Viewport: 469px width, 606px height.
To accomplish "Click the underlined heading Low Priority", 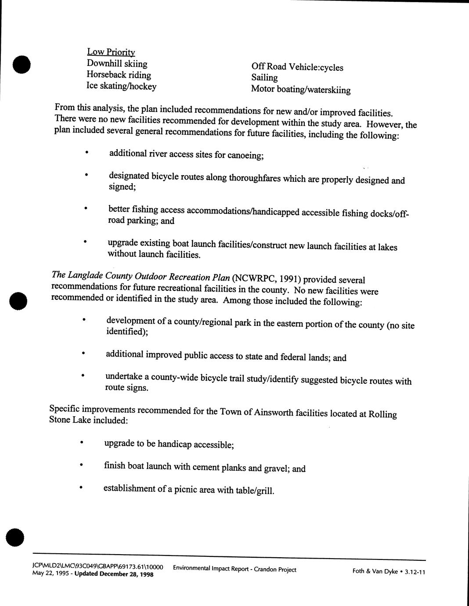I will point(111,52).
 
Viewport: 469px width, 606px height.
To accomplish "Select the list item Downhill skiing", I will point(117,64).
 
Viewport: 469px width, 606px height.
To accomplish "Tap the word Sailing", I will point(264,78).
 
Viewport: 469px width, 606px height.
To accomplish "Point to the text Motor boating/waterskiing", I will point(301,90).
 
